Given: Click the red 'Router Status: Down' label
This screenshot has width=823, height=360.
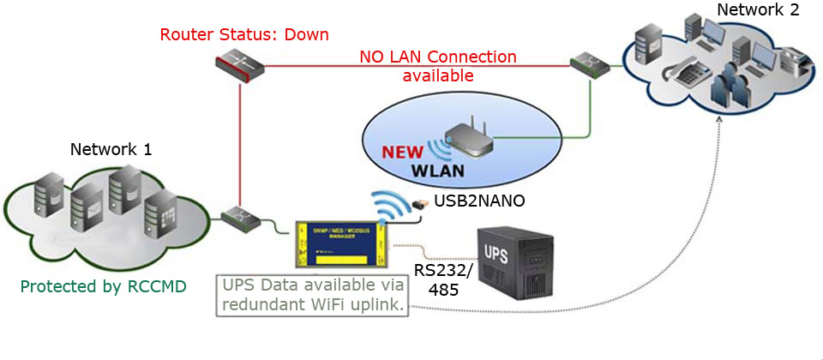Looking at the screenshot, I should tap(244, 35).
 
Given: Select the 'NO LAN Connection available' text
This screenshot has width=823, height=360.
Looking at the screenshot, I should tap(438, 66).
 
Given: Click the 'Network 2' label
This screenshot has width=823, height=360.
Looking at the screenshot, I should tap(758, 10).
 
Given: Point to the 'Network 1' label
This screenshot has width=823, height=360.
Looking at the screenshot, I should tap(111, 149).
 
